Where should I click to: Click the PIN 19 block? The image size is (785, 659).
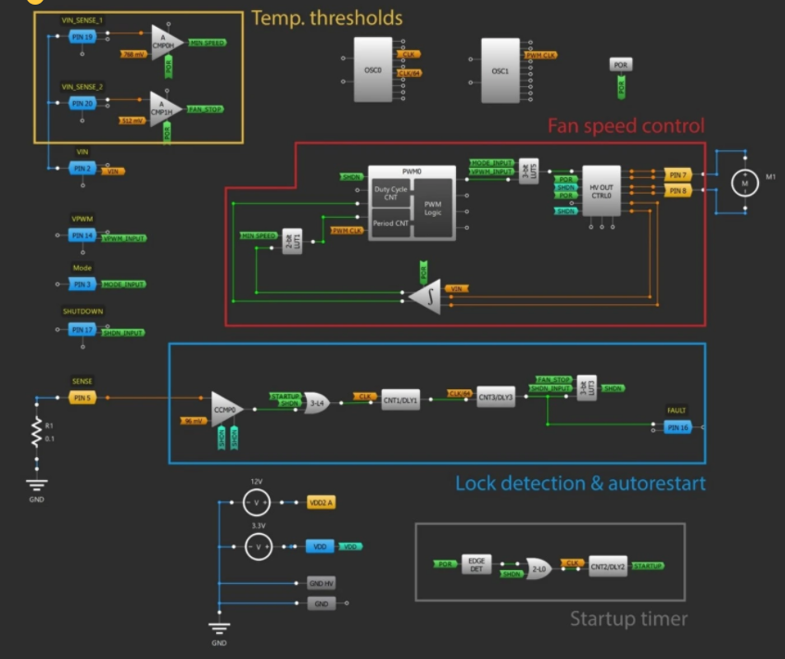tap(82, 36)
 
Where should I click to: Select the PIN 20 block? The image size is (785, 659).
tap(82, 103)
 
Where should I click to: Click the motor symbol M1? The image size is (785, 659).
tap(743, 184)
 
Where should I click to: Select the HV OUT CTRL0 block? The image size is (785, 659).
tap(601, 192)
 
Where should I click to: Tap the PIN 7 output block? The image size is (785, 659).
tap(677, 175)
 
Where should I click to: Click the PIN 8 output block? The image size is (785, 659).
tap(677, 191)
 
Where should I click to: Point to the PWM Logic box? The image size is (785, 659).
tap(433, 208)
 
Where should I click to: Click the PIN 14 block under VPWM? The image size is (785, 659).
tap(82, 236)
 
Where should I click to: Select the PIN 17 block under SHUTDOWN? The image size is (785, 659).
tap(82, 329)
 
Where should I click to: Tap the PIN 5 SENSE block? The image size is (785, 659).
tap(82, 399)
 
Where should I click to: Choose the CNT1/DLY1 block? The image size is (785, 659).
tap(400, 399)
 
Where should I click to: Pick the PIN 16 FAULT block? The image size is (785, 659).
tap(677, 426)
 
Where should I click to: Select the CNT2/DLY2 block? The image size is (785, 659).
tap(607, 566)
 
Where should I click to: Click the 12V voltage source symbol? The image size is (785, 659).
tap(257, 502)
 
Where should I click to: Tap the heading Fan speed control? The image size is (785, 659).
tap(626, 126)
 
